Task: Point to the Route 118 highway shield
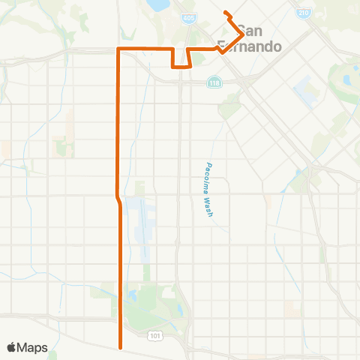215,82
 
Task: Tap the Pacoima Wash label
211,190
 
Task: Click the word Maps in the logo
34,347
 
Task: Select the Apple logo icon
13,347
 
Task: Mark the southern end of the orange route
120,347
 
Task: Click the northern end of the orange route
225,12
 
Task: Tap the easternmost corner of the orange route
241,34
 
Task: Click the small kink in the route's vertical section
118,198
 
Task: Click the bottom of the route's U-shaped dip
180,67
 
